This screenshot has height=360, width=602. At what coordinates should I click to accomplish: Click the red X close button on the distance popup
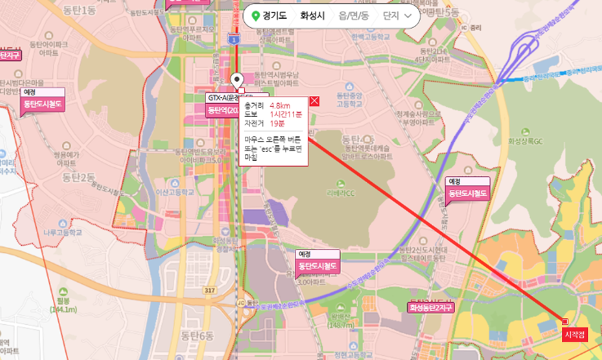(314, 101)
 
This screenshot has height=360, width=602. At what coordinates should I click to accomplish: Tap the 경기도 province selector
(269, 16)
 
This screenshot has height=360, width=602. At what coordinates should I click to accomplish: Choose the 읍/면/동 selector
(353, 16)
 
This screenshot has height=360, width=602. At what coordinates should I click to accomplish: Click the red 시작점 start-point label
(574, 335)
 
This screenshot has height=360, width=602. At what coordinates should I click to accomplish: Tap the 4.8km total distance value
(280, 106)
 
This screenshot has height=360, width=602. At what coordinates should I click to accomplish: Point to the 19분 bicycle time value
(277, 123)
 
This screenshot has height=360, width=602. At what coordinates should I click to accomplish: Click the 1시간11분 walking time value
(286, 114)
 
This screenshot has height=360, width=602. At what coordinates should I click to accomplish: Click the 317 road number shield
(210, 291)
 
